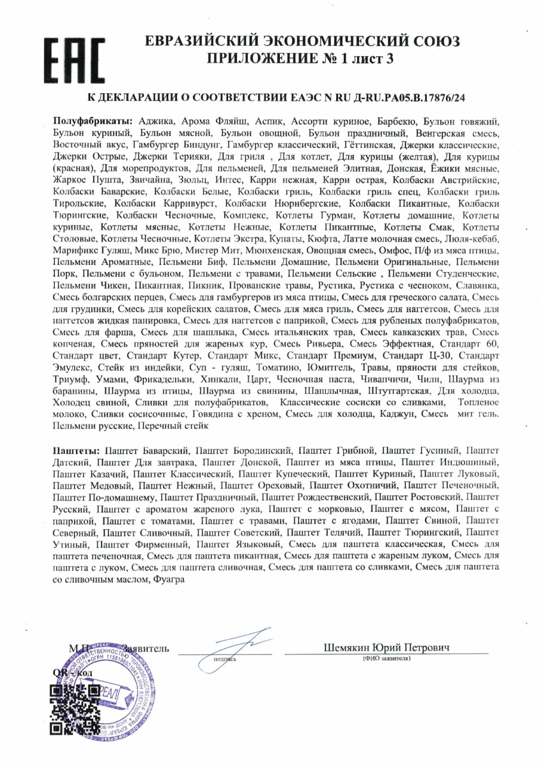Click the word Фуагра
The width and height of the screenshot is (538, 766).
(x=169, y=580)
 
